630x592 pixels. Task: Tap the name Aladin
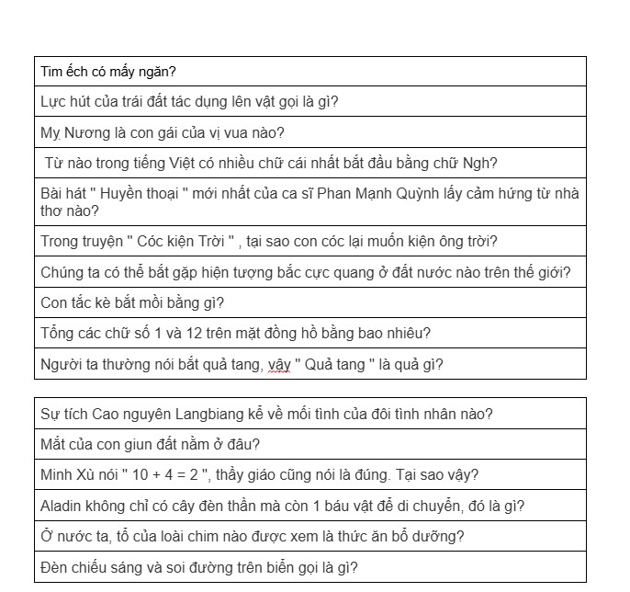click(x=62, y=506)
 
